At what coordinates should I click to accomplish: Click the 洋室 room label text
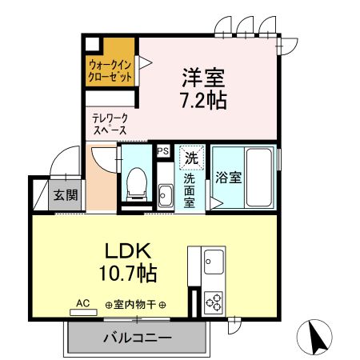[x=203, y=79]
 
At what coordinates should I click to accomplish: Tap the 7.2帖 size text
[x=203, y=102]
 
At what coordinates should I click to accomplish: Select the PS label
[x=163, y=150]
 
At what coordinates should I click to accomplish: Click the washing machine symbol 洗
[x=191, y=158]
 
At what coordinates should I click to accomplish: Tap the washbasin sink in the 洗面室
[x=166, y=194]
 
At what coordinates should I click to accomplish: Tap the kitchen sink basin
[x=214, y=261]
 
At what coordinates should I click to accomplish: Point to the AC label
[x=82, y=303]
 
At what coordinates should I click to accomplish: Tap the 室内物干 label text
[x=136, y=305]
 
